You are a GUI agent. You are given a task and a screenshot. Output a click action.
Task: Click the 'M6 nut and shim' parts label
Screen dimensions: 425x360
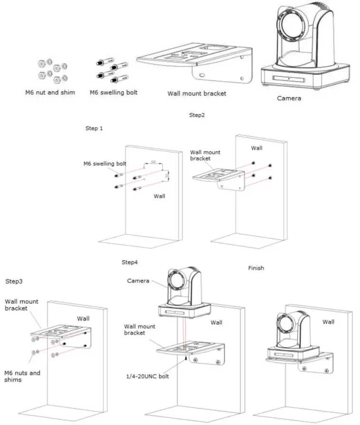pos(50,92)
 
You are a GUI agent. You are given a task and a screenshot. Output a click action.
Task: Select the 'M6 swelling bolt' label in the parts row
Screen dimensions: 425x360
pos(114,92)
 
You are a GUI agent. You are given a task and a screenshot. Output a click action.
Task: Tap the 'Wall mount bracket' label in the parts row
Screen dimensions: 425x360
pos(197,94)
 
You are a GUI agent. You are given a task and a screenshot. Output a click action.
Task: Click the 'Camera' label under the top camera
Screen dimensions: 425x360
pos(289,99)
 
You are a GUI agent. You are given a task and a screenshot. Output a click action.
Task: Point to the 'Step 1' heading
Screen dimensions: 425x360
pos(94,129)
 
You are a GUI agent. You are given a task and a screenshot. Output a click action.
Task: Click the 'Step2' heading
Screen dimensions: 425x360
pos(197,115)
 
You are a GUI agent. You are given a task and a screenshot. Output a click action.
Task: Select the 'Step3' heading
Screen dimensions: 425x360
pos(14,281)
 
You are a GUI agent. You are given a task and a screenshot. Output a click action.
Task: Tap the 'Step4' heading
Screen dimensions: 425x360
pos(130,262)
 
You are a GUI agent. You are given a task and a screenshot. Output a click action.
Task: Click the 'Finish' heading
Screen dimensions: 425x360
pos(256,268)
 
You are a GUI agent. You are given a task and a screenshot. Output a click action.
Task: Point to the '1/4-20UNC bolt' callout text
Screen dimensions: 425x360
pos(148,377)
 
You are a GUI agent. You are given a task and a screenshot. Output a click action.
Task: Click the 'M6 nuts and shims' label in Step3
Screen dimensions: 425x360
pos(22,376)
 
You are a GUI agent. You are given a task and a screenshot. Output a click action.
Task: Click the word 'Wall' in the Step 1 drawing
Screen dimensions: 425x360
pos(159,196)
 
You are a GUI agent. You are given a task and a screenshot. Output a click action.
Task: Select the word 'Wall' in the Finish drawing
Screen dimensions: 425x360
pos(328,321)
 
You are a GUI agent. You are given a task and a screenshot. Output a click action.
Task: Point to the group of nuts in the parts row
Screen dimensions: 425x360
pos(52,71)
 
